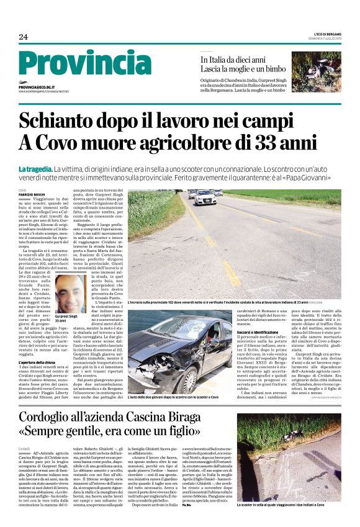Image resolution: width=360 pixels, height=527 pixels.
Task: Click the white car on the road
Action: (x=204, y=198)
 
